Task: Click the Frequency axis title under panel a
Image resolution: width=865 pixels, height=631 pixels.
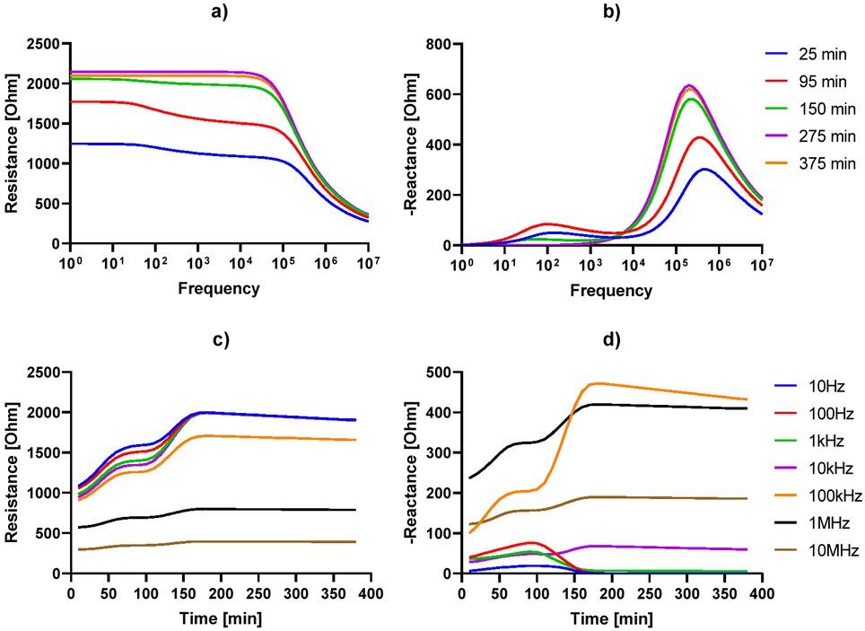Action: point(218,288)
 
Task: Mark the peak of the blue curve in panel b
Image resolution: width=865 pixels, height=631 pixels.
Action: point(704,169)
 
